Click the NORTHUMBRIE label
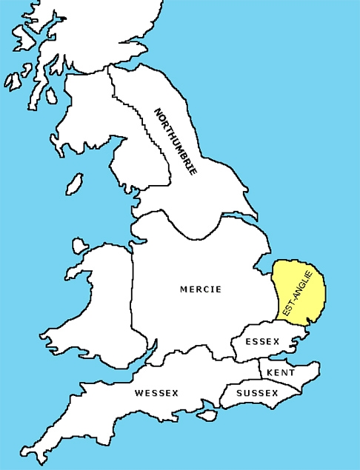tap(176, 141)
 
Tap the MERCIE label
tap(201, 289)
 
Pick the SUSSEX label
tap(257, 393)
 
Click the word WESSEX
tap(156, 393)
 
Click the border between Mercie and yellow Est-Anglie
tap(275, 296)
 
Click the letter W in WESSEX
tap(139, 393)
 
